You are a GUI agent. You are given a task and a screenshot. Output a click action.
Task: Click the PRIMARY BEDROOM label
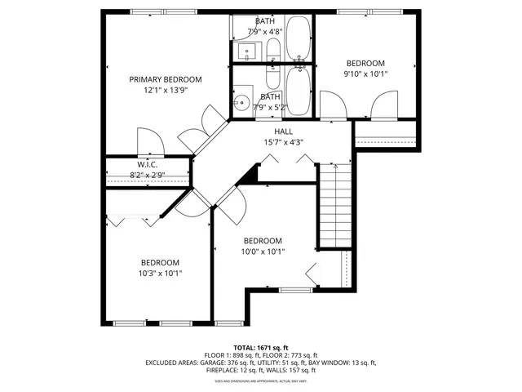[x=166, y=79]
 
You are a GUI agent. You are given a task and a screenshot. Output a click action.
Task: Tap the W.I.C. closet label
[x=147, y=164]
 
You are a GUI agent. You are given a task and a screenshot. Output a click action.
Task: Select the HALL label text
[x=283, y=131]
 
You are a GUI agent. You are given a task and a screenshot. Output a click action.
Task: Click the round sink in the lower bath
[x=241, y=103]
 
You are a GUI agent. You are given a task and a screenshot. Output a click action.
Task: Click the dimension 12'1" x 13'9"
[x=166, y=91]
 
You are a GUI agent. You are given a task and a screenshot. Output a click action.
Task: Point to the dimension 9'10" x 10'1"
[x=365, y=74]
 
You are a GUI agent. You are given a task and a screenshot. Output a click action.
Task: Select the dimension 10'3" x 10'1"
[x=160, y=274]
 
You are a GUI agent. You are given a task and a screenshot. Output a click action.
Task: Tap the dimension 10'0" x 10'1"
[x=263, y=252]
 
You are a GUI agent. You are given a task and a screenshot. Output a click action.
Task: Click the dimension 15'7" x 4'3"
[x=283, y=142]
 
